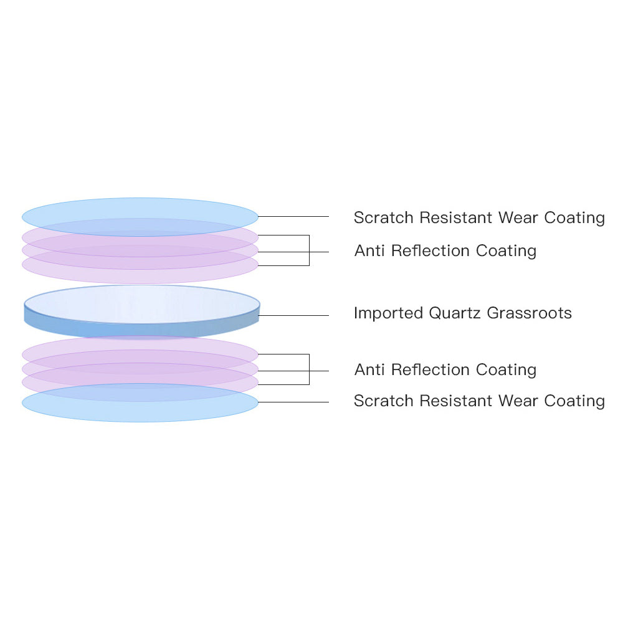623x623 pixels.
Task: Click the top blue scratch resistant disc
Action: [140, 217]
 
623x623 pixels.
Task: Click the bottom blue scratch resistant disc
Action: [140, 402]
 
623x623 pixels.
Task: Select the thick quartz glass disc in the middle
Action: [142, 311]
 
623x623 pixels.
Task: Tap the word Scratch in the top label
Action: [383, 217]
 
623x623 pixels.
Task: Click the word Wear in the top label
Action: [518, 217]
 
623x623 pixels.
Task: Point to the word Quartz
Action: [455, 313]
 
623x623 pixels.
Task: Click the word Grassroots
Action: [529, 313]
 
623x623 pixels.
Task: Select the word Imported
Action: [388, 313]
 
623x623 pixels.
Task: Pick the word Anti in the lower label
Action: [369, 370]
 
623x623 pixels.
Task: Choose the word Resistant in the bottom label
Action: [456, 401]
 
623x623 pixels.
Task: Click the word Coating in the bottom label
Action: [574, 401]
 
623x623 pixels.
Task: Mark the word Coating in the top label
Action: [574, 218]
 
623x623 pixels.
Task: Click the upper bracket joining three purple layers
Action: [309, 250]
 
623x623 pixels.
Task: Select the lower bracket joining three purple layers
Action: [309, 369]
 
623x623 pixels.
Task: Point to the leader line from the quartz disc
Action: [293, 315]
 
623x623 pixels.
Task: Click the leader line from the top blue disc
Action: [293, 217]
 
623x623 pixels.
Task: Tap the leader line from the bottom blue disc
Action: [293, 402]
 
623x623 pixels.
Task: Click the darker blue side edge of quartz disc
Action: [142, 330]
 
